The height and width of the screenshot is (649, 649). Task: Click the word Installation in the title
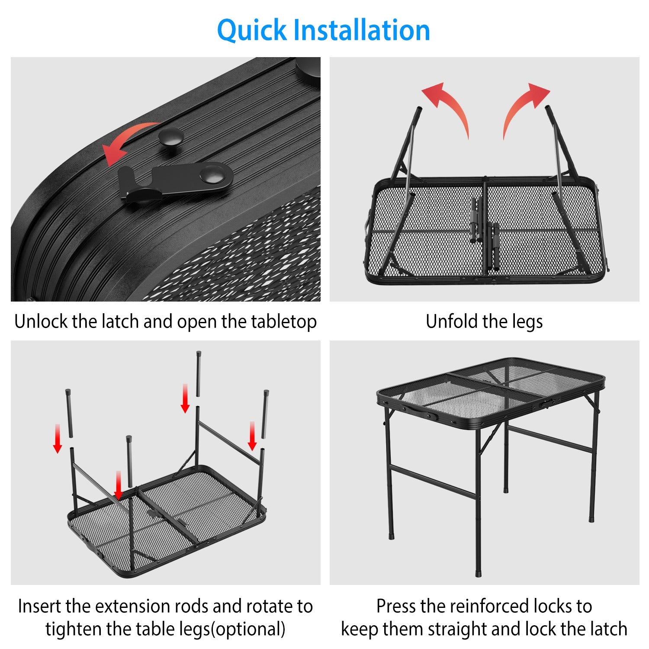361,30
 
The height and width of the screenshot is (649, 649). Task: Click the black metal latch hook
173,181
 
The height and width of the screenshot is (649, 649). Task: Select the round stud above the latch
170,137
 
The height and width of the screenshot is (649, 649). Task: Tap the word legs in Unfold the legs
527,322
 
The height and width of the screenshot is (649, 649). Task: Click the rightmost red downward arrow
252,435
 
